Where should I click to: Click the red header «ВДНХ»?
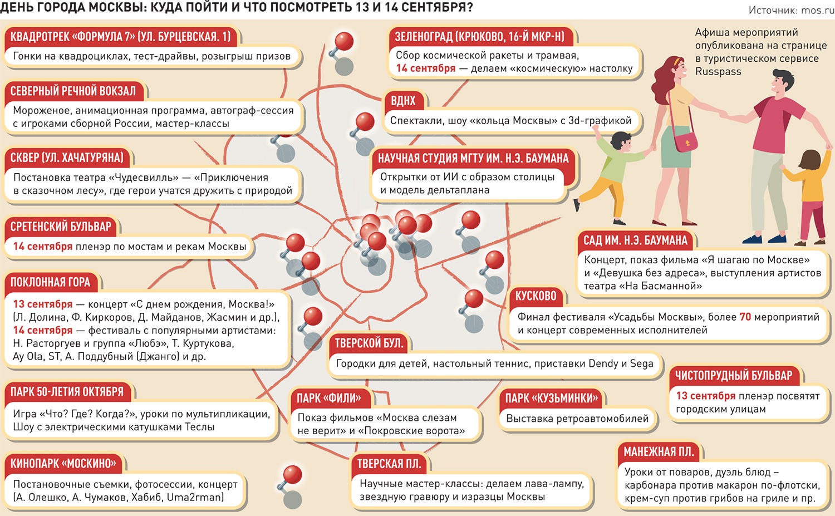click(403, 101)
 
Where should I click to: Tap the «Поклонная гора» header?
click(50, 282)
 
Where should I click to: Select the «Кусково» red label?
click(536, 296)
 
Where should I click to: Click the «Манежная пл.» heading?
click(659, 452)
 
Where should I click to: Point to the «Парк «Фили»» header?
click(328, 398)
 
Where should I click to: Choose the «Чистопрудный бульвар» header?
click(733, 376)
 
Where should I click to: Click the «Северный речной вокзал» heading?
click(73, 91)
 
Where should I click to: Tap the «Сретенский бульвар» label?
click(61, 227)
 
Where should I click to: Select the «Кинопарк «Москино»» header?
click(63, 463)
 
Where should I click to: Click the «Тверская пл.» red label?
click(389, 464)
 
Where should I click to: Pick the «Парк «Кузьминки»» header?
click(551, 398)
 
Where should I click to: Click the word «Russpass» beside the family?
click(718, 72)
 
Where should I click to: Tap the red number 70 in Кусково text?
click(745, 317)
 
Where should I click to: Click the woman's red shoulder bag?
click(686, 141)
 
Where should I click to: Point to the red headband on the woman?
click(677, 62)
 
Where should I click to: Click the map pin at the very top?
click(344, 42)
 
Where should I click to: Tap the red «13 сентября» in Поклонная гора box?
click(43, 304)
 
